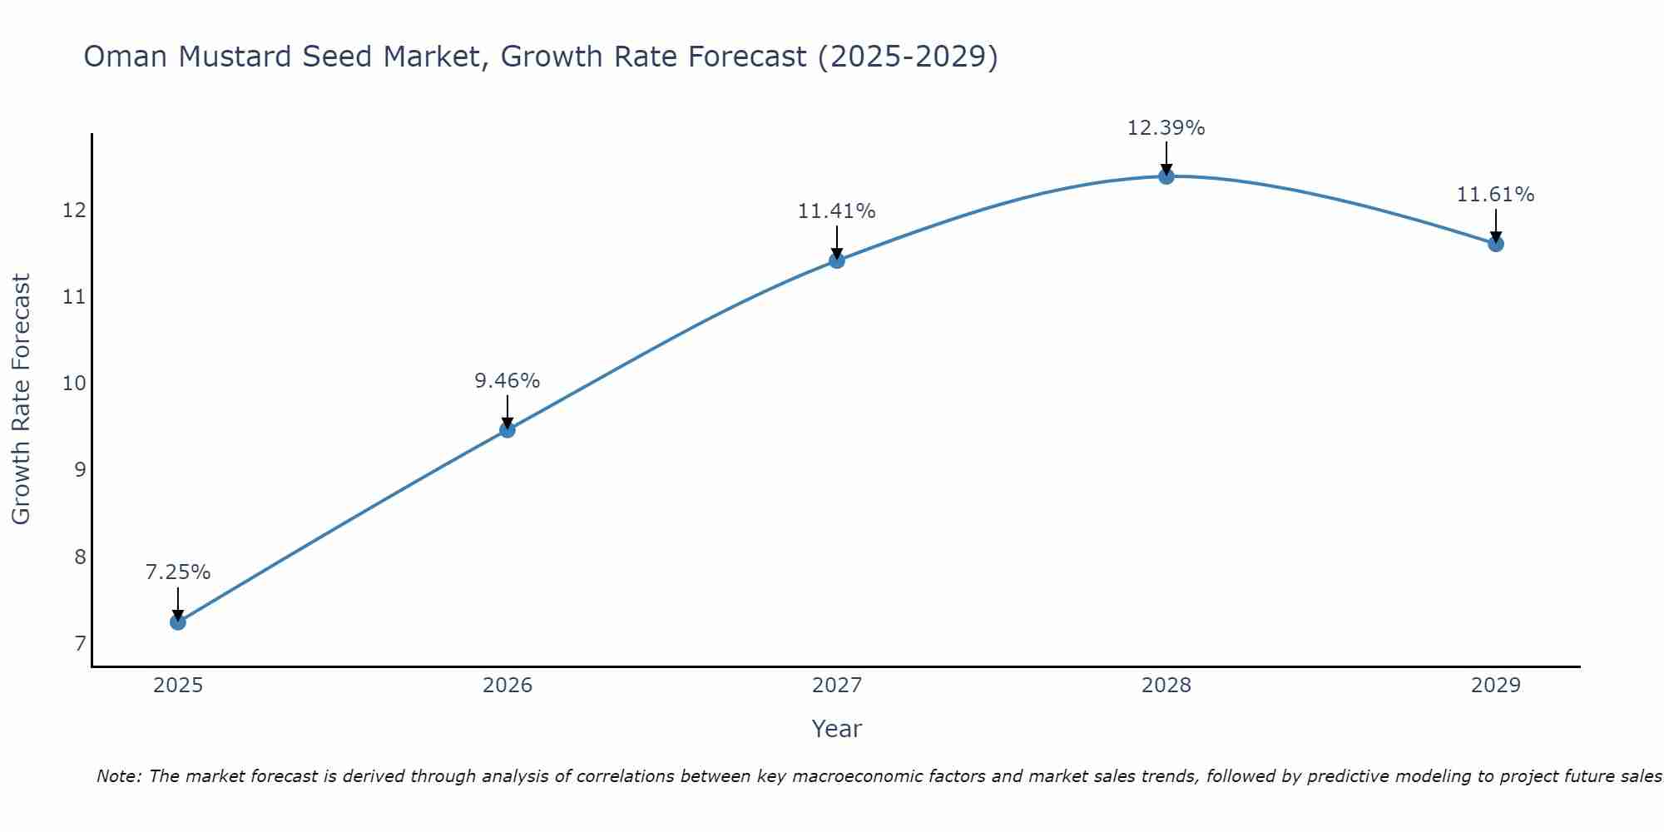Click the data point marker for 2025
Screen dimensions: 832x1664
click(178, 622)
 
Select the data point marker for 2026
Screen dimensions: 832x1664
click(508, 429)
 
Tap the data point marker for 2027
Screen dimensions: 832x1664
click(837, 260)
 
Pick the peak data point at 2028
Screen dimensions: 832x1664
click(1166, 176)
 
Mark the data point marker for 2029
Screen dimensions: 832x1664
click(1496, 244)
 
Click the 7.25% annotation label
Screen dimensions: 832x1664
click(178, 572)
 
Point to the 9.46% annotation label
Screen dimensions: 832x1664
click(508, 381)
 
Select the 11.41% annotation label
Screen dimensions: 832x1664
click(837, 211)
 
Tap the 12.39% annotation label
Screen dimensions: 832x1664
click(1166, 128)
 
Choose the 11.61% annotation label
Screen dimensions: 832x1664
click(1496, 195)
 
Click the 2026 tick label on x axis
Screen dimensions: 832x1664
click(508, 686)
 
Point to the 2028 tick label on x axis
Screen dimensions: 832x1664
click(1166, 686)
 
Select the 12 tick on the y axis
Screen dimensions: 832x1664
click(75, 210)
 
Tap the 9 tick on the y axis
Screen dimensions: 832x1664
click(80, 470)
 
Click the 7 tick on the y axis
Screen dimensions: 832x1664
click(80, 644)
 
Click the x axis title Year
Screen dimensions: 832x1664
click(837, 729)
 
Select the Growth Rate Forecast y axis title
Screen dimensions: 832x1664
click(22, 399)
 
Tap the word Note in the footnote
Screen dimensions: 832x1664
click(120, 776)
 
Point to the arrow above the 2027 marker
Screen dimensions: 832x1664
click(837, 241)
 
